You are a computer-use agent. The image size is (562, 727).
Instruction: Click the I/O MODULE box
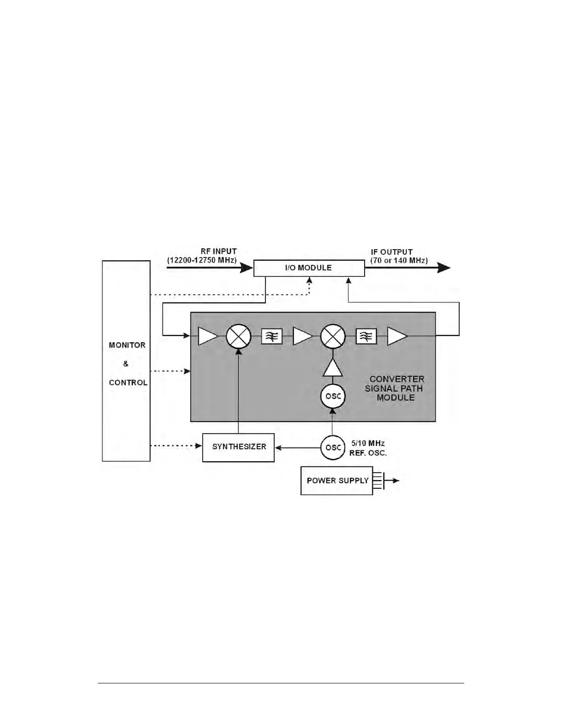[x=309, y=268]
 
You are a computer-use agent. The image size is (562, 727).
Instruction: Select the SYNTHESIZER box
[x=238, y=447]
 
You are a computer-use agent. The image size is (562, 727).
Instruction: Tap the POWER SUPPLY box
[x=337, y=481]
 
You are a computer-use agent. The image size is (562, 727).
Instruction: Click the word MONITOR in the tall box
[x=127, y=345]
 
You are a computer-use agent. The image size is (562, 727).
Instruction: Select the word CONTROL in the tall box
[x=128, y=382]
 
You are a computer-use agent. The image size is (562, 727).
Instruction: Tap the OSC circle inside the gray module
[x=332, y=396]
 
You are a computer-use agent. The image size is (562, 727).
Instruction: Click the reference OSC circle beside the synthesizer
[x=332, y=447]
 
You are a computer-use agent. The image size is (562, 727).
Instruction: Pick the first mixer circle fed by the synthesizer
[x=239, y=336]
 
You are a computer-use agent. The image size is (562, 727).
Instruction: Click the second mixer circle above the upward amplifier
[x=332, y=336]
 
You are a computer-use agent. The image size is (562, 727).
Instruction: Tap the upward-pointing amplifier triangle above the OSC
[x=332, y=368]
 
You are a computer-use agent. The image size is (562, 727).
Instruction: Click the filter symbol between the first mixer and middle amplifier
[x=272, y=337]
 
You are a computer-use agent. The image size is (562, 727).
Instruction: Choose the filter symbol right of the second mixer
[x=366, y=337]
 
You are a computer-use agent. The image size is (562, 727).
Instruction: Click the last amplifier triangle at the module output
[x=397, y=336]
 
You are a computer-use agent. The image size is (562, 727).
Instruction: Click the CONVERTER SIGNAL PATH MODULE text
[x=395, y=388]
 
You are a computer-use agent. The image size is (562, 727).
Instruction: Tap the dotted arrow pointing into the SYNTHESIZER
[x=177, y=445]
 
